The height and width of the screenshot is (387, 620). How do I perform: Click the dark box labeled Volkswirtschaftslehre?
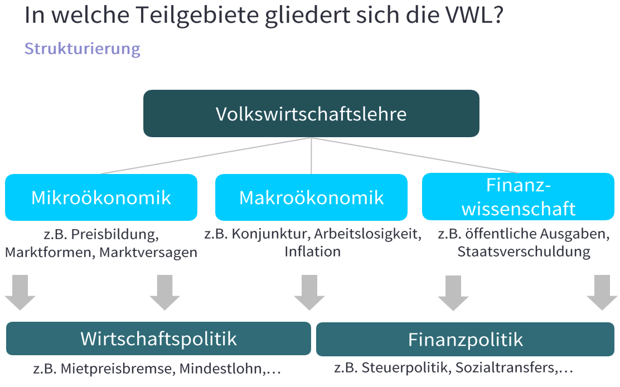311,114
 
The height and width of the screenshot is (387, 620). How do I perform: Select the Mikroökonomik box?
101,197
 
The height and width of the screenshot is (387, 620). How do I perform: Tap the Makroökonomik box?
311,197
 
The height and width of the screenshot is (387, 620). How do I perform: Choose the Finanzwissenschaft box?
518,197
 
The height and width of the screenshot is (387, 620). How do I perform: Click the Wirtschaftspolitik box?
158,338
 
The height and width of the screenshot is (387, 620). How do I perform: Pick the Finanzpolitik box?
465,339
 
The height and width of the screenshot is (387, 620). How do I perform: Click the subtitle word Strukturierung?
83,49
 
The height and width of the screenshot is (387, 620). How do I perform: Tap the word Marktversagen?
148,252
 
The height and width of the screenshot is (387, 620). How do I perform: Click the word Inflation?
312,251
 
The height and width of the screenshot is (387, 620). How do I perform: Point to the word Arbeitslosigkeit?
367,234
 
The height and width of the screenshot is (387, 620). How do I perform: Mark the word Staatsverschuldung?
524,251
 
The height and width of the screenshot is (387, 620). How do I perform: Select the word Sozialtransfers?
506,368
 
